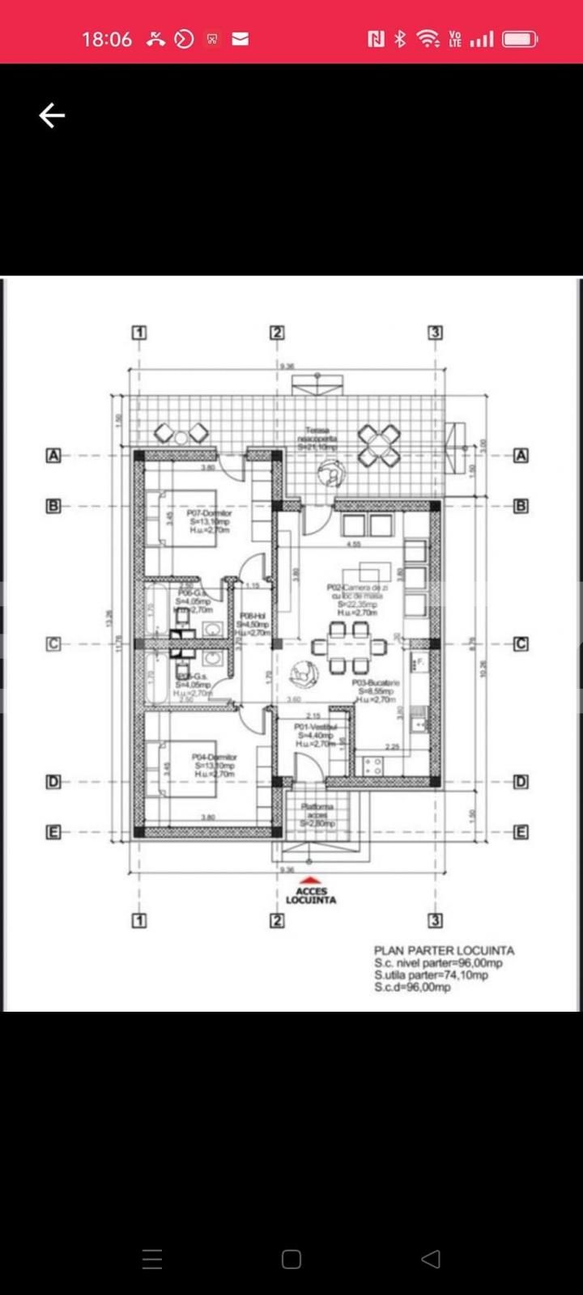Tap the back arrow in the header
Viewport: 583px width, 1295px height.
pos(52,116)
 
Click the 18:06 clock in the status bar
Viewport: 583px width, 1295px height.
pos(107,39)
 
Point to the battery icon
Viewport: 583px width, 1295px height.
pos(519,39)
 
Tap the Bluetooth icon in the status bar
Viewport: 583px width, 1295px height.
pos(400,39)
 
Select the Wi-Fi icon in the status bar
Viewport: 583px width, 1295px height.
pos(427,39)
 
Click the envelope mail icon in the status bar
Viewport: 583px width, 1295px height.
pos(240,39)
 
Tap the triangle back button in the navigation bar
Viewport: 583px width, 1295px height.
pos(431,1259)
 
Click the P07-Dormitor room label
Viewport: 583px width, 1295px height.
pos(209,513)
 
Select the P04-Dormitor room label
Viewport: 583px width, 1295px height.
pos(214,757)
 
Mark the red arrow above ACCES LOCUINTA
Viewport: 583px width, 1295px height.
pos(311,881)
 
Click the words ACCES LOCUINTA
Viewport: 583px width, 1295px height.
pos(311,895)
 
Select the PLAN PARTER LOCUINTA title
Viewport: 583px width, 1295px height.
pos(444,950)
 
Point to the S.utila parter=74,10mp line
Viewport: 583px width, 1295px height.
pos(431,975)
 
